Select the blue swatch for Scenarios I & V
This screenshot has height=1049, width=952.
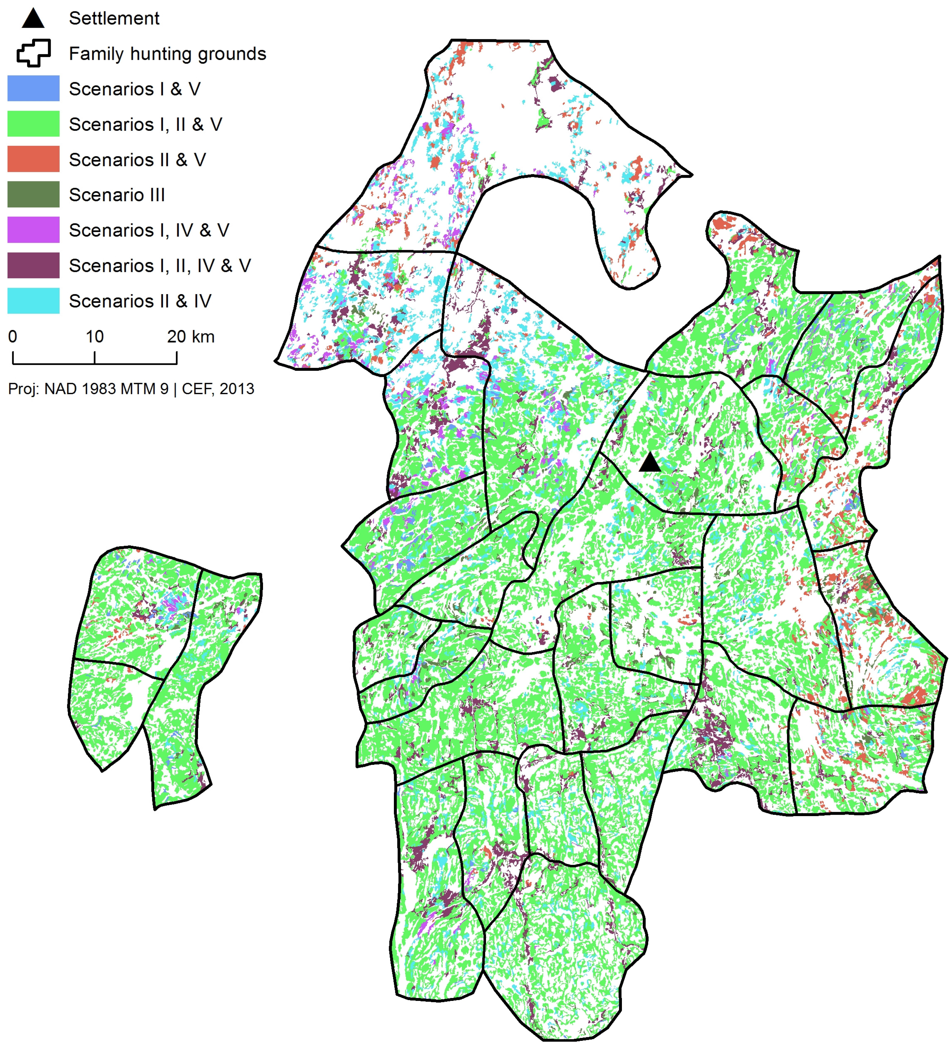click(33, 88)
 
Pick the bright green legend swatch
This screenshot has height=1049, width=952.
click(33, 124)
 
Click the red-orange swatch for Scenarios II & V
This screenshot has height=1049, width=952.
click(33, 159)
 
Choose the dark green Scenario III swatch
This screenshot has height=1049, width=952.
click(33, 195)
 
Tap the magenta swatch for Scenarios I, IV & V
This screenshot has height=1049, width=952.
click(33, 230)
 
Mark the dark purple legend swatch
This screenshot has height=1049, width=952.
click(33, 265)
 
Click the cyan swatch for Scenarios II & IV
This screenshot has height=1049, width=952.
click(33, 301)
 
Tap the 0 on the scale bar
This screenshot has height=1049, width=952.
click(13, 337)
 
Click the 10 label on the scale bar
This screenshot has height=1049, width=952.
click(94, 337)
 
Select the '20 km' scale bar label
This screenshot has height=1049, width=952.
click(190, 337)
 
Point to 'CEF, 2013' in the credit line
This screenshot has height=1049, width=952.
click(218, 389)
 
